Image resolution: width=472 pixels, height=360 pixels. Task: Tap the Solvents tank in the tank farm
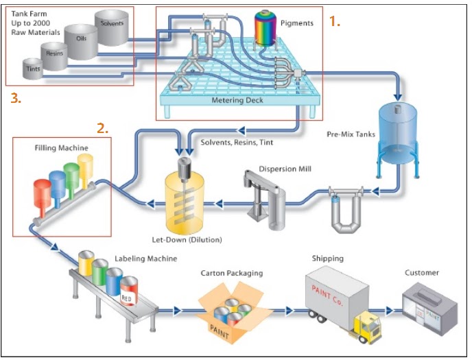111,25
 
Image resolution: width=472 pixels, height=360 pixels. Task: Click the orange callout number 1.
334,22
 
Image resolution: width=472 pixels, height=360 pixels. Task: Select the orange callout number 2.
102,128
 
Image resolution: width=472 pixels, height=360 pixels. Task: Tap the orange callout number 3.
15,98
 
